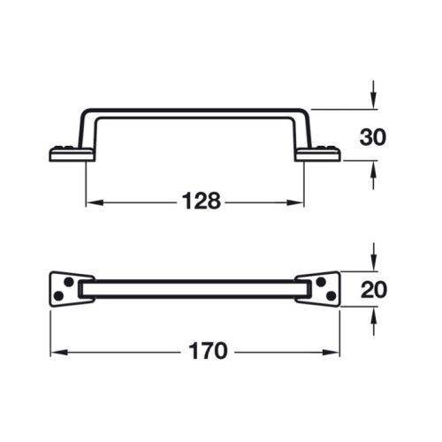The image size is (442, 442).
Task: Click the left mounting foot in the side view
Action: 65,155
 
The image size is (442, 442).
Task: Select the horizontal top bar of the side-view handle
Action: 194,112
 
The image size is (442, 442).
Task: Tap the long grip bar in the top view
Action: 194,287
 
